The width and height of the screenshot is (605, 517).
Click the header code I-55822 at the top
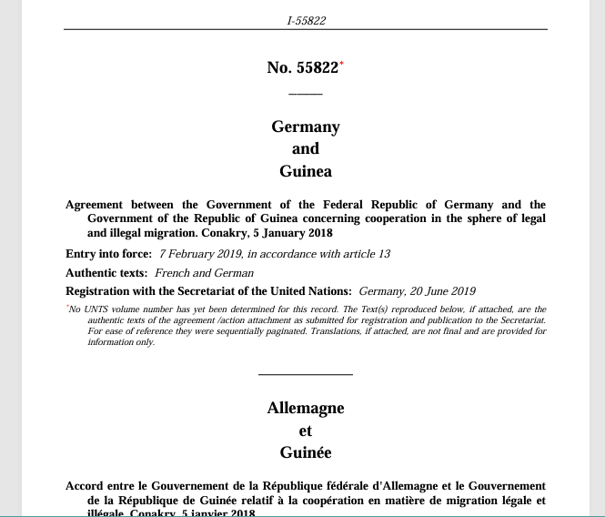pos(305,20)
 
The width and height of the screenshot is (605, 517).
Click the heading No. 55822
pos(302,67)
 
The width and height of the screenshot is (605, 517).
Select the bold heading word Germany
pos(305,127)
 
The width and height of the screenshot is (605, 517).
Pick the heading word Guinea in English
pos(305,171)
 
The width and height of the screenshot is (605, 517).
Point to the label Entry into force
pos(108,254)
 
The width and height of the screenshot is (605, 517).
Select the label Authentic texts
pos(106,273)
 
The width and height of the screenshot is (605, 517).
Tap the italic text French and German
pos(204,273)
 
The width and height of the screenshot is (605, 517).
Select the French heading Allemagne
pos(305,408)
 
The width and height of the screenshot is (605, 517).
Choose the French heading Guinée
pos(305,452)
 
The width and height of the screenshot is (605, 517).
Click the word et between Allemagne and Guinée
pos(305,431)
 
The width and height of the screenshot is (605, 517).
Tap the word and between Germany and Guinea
pos(305,149)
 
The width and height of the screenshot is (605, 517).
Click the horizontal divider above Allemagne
pos(305,374)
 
